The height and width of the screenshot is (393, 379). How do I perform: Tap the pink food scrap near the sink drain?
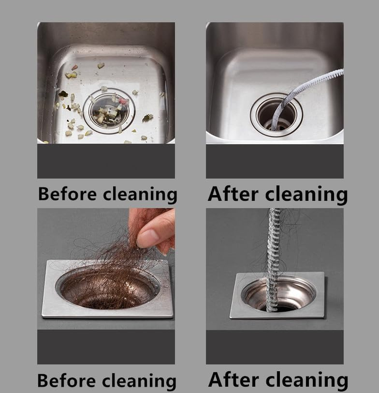click(124, 101)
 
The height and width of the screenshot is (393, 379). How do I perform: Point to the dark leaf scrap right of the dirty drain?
click(148, 117)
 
